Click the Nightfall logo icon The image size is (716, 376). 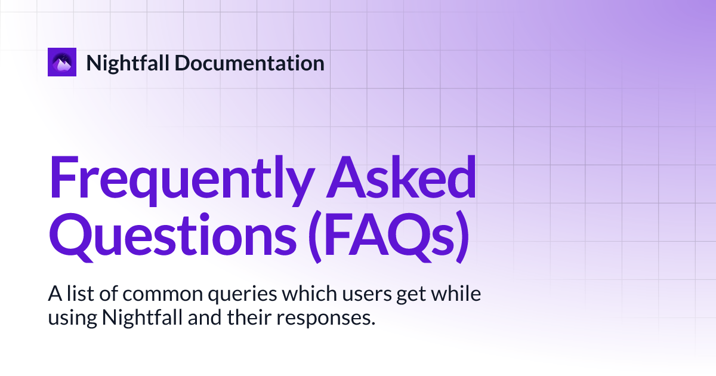point(62,62)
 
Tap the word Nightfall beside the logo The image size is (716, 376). point(122,63)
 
